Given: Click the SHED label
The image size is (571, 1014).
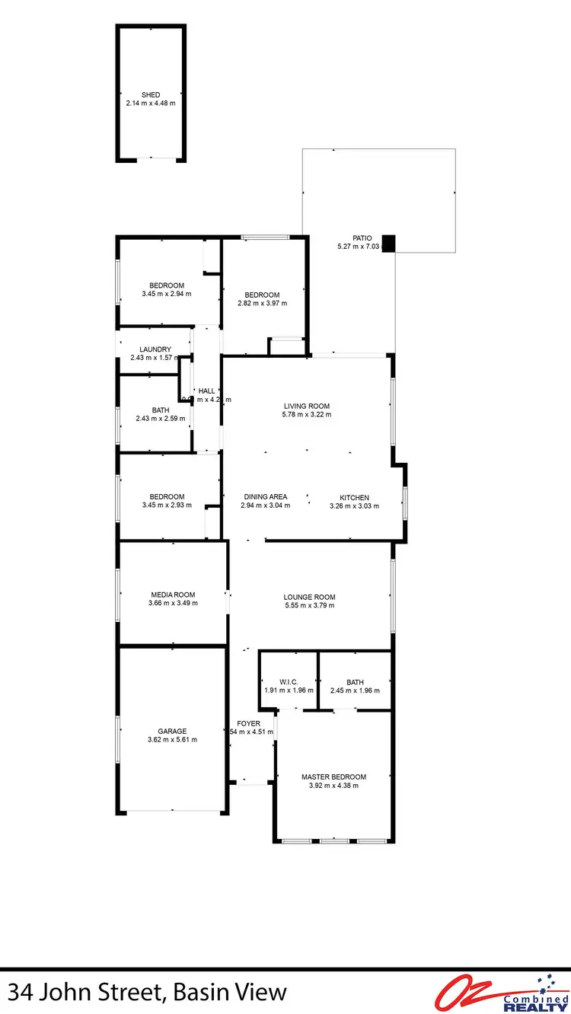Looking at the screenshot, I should click(151, 95).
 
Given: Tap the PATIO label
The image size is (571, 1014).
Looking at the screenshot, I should click(362, 238).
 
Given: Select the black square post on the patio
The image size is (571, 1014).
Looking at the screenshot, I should click(389, 243).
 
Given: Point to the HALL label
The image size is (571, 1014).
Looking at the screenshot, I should click(206, 390).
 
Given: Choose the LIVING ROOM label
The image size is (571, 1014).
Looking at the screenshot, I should click(307, 406).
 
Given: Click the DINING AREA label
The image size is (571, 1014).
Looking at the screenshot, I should click(265, 497).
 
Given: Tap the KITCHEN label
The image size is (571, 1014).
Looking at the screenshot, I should click(354, 497).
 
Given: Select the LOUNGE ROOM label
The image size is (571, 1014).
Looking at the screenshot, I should click(309, 597).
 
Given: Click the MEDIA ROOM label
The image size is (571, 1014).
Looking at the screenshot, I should click(173, 595).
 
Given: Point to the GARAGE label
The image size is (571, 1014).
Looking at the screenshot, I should click(172, 731).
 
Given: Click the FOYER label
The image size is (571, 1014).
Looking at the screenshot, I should click(248, 723).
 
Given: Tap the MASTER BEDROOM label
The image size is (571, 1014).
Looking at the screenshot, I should click(333, 776).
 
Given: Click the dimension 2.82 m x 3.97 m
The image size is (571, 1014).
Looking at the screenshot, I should click(262, 303).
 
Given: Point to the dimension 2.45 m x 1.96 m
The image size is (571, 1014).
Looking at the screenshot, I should click(355, 690).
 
